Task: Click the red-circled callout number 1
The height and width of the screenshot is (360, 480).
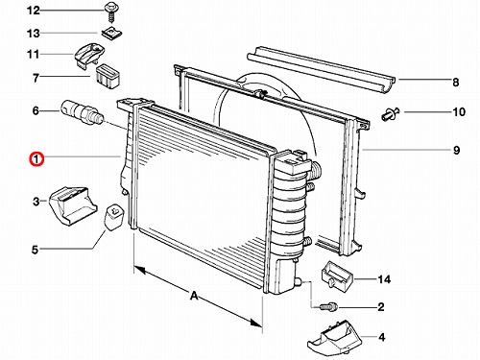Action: tap(36, 159)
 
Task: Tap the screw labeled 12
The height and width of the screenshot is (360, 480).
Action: tap(110, 12)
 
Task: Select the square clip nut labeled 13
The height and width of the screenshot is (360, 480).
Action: tap(112, 32)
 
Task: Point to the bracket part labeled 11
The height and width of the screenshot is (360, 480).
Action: tap(89, 55)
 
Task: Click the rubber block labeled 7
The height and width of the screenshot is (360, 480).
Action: tap(108, 76)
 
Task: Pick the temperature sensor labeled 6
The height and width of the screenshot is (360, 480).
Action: tap(83, 113)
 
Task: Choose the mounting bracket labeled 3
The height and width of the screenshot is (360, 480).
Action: tap(73, 205)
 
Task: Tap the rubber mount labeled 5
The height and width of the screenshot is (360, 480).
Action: tap(114, 217)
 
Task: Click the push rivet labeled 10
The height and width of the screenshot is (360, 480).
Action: tap(391, 113)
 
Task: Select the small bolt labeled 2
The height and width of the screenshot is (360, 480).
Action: tap(328, 306)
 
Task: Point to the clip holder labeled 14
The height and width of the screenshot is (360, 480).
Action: tap(336, 275)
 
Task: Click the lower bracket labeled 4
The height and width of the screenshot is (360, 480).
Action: tap(333, 337)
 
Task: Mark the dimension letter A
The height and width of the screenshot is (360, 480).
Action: tap(194, 296)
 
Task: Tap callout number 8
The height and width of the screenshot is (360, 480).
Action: tap(456, 83)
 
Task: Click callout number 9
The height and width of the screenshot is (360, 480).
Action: tap(457, 150)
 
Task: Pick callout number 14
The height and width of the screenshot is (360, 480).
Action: tap(384, 279)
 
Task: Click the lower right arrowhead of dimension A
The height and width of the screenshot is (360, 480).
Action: tap(256, 323)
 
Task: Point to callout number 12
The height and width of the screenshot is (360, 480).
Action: tap(34, 11)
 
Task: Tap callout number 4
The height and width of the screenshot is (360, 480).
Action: tap(381, 337)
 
